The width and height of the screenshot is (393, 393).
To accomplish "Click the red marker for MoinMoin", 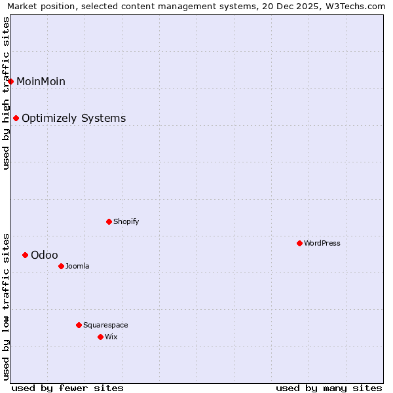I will tap(11, 81).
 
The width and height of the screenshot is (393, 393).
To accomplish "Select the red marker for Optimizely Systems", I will tap(16, 119).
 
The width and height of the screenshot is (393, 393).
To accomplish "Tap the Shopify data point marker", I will tap(109, 221).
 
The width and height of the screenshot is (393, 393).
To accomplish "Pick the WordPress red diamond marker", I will tap(299, 243).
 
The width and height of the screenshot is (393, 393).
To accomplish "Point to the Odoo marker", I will tap(26, 255).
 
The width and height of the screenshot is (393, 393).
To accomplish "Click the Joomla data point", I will tap(61, 266).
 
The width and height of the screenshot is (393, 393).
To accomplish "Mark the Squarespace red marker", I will tap(79, 325).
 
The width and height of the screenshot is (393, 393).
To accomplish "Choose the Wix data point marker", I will tap(100, 337).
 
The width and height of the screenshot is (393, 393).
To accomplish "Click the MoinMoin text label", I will tap(41, 81).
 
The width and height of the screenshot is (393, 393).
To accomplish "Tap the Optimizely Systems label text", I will tap(73, 119).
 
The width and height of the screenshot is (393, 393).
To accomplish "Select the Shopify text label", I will tap(126, 221).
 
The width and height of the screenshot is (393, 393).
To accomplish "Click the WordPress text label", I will tap(322, 243).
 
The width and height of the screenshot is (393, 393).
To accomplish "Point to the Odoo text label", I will tap(44, 255).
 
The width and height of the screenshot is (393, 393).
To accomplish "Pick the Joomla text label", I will tap(77, 266).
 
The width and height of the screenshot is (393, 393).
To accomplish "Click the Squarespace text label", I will tap(105, 325).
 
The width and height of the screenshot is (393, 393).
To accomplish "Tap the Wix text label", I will tap(111, 337).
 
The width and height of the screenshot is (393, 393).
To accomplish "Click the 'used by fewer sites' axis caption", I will tap(67, 388).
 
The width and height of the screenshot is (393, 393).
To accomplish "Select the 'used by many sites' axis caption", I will tap(329, 388).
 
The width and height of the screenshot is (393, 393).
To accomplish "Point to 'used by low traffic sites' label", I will tap(7, 306).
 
